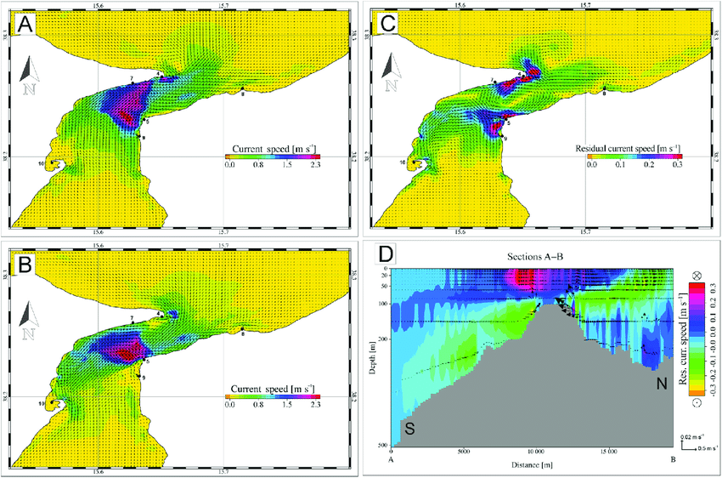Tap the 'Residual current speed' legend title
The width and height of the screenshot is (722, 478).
pos(628,149)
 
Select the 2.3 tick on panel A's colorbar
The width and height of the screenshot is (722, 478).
pos(314,167)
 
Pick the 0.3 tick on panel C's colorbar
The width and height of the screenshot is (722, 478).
pos(677,167)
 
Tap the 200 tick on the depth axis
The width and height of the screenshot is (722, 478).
pos(383,339)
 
